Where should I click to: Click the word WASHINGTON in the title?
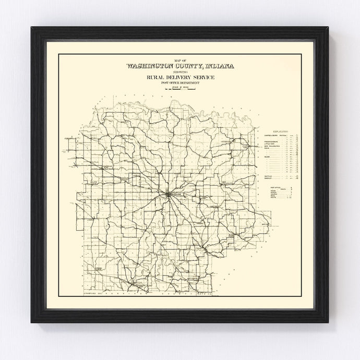(x=148, y=67)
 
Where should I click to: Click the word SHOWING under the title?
(x=179, y=73)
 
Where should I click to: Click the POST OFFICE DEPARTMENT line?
(x=179, y=83)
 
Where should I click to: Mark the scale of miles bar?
(x=179, y=90)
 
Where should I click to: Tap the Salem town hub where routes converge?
(x=167, y=195)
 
